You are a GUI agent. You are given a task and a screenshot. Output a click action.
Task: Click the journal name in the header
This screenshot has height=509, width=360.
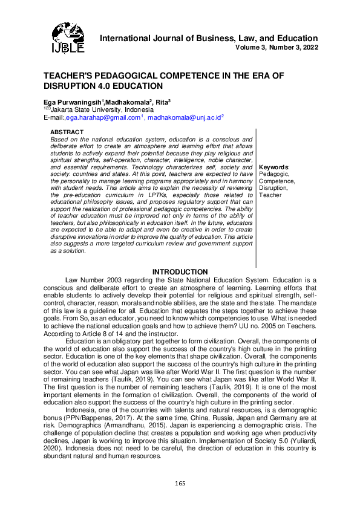click(209, 38)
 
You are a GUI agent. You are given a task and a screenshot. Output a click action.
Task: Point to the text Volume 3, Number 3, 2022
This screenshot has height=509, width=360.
click(277, 47)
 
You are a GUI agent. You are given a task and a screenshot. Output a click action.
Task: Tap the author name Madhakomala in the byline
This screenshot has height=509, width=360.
click(127, 102)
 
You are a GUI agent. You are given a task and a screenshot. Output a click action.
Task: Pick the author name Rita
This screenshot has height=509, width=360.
click(161, 102)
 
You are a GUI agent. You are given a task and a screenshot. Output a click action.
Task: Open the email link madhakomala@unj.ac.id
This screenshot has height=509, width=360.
click(185, 118)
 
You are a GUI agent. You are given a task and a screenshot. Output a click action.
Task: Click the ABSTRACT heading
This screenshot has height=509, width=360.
click(67, 132)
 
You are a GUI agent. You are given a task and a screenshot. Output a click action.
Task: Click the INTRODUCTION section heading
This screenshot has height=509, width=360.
click(180, 272)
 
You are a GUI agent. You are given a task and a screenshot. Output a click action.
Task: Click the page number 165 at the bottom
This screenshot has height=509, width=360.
click(180, 483)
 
